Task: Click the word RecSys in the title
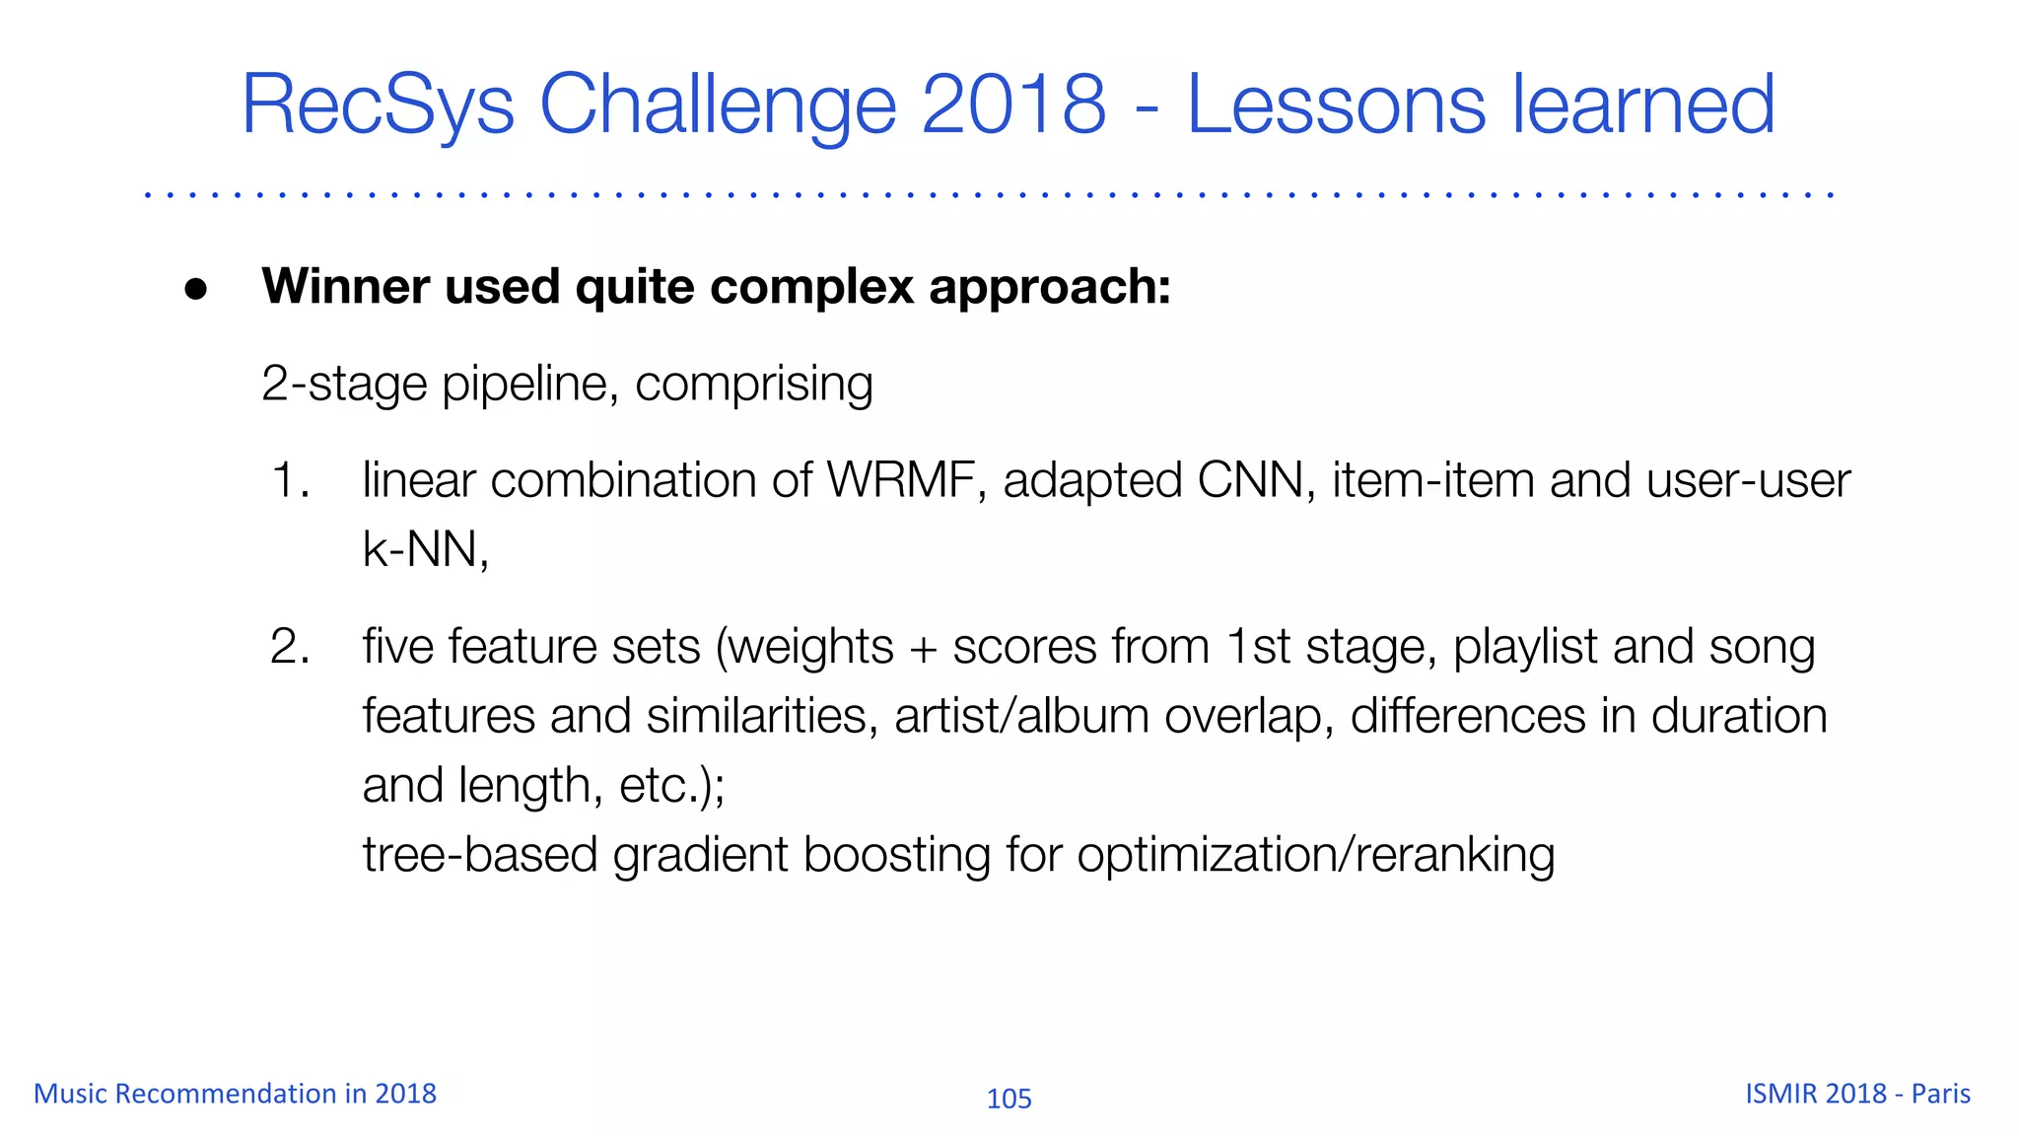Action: (378, 106)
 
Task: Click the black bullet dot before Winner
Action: (196, 289)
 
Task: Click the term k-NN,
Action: (426, 550)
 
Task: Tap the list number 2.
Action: (289, 648)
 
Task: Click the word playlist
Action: (1525, 648)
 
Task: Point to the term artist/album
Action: (1021, 717)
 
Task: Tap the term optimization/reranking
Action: (1315, 855)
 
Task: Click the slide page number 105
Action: (1009, 1099)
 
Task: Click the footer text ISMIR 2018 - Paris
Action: (1857, 1094)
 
